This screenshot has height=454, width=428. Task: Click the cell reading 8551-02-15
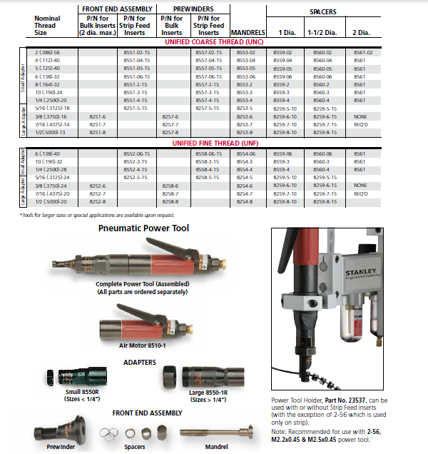click(x=136, y=53)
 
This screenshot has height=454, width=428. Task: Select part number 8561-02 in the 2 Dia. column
click(x=363, y=53)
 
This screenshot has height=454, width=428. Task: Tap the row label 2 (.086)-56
click(x=48, y=53)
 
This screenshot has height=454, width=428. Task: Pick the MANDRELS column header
click(x=249, y=33)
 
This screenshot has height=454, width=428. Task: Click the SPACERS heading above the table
click(x=322, y=12)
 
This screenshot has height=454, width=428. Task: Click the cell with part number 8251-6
click(x=98, y=116)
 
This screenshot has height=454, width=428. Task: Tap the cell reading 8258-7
click(x=170, y=194)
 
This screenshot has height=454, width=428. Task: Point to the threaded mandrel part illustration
click(x=209, y=434)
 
